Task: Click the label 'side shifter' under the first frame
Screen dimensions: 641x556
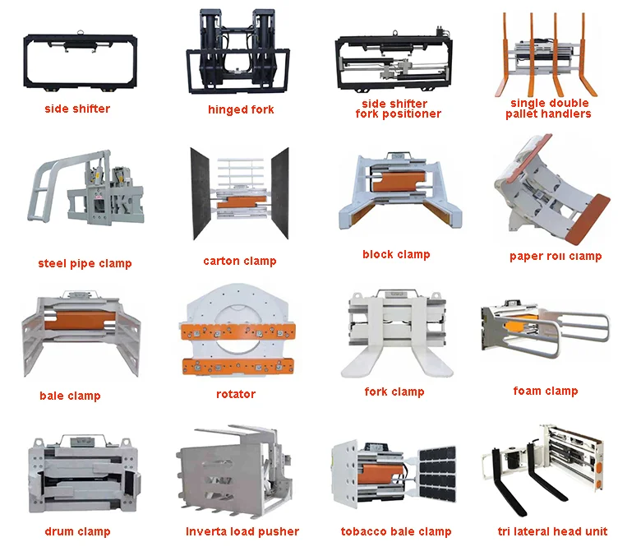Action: tap(79, 109)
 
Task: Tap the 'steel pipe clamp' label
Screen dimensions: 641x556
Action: tap(85, 264)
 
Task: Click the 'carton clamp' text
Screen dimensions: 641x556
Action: tap(240, 262)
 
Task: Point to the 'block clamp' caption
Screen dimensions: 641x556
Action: tap(396, 255)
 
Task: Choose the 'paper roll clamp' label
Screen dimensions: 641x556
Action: tap(556, 257)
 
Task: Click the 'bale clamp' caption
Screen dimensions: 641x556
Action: tap(70, 396)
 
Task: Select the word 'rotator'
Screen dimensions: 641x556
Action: tap(236, 395)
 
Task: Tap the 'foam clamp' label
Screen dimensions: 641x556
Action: tap(545, 392)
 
